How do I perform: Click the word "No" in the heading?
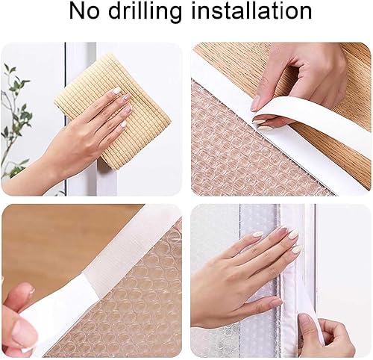(x=84, y=11)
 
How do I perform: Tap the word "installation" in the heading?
(x=251, y=11)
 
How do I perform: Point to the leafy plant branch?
(x=16, y=114)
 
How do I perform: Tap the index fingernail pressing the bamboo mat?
(x=116, y=90)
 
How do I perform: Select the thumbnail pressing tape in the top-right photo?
(x=256, y=104)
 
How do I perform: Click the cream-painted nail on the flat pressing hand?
(x=294, y=235)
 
